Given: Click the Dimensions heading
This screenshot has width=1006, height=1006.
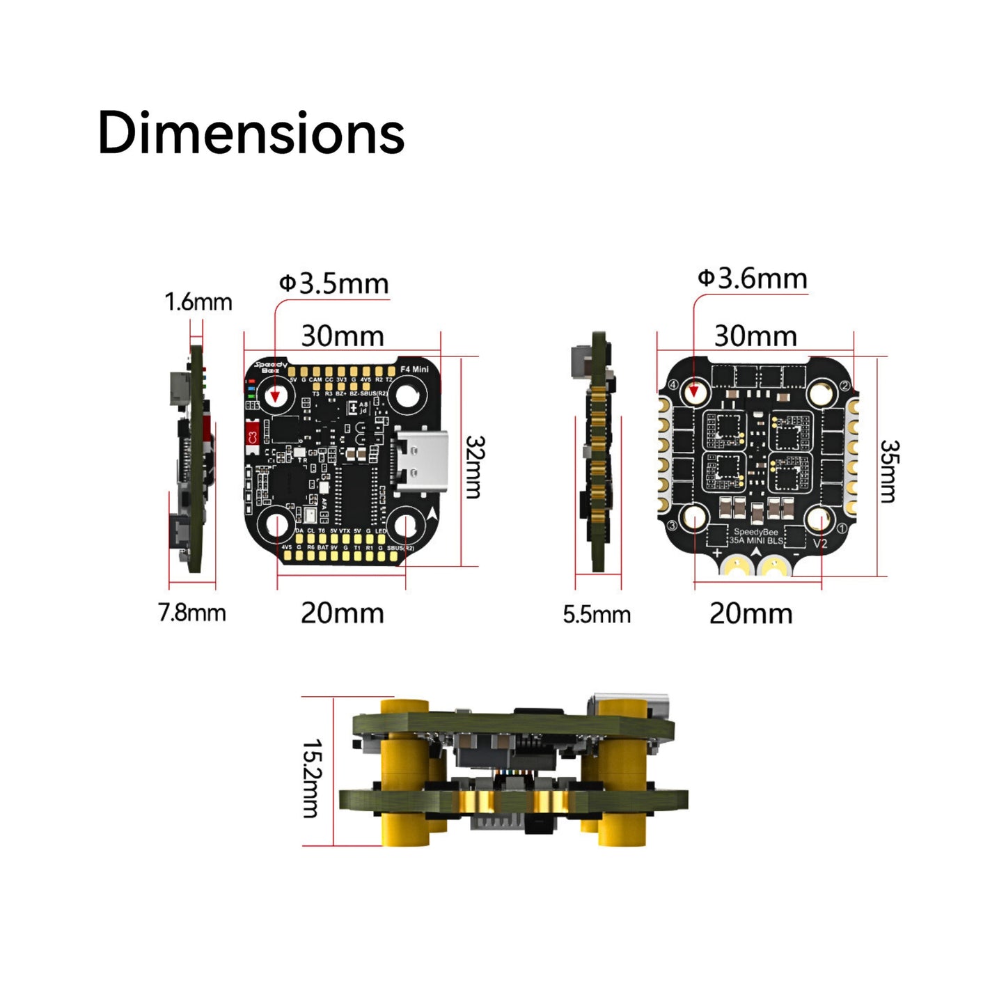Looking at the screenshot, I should point(251,133).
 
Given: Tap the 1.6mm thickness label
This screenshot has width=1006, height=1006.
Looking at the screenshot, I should point(198,302).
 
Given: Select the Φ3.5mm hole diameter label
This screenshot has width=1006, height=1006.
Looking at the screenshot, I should point(333,283).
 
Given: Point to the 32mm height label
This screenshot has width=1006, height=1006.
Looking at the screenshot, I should point(474,467).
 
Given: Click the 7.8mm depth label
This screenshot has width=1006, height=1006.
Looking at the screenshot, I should point(192,613).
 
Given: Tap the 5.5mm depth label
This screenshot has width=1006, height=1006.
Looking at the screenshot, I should point(597,614).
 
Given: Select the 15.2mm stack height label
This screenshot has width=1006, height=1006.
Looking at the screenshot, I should point(311,778).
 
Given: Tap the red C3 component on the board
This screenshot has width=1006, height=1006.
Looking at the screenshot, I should point(252,437).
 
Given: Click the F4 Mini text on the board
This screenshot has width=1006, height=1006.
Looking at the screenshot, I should point(415,369).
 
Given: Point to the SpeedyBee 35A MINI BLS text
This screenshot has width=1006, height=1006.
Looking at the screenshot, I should point(756,536).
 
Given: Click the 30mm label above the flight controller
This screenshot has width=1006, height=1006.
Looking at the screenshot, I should point(343,336).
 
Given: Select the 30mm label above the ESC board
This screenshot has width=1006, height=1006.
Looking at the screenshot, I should point(755,336).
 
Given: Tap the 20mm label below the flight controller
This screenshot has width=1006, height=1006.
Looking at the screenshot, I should point(342,613).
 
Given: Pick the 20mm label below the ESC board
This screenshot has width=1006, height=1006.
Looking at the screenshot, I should point(750,614).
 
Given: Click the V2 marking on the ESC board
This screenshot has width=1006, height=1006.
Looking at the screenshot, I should point(820,543).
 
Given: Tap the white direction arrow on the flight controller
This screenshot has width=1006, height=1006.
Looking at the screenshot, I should point(433,514).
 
